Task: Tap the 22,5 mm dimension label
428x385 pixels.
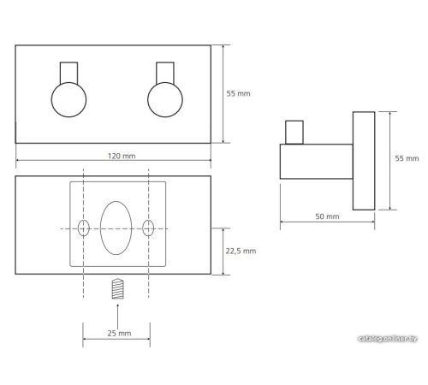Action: pos(241,251)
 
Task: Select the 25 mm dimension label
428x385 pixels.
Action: pos(119,333)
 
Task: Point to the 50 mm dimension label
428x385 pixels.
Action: pos(327,216)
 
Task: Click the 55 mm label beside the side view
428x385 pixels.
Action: pos(407,158)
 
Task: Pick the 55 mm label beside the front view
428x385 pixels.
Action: pos(238,93)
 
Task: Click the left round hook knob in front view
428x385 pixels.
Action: pos(68,99)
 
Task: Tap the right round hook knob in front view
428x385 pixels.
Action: pos(165,99)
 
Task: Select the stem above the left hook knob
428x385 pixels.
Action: pos(68,73)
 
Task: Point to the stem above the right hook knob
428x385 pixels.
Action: pos(165,73)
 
